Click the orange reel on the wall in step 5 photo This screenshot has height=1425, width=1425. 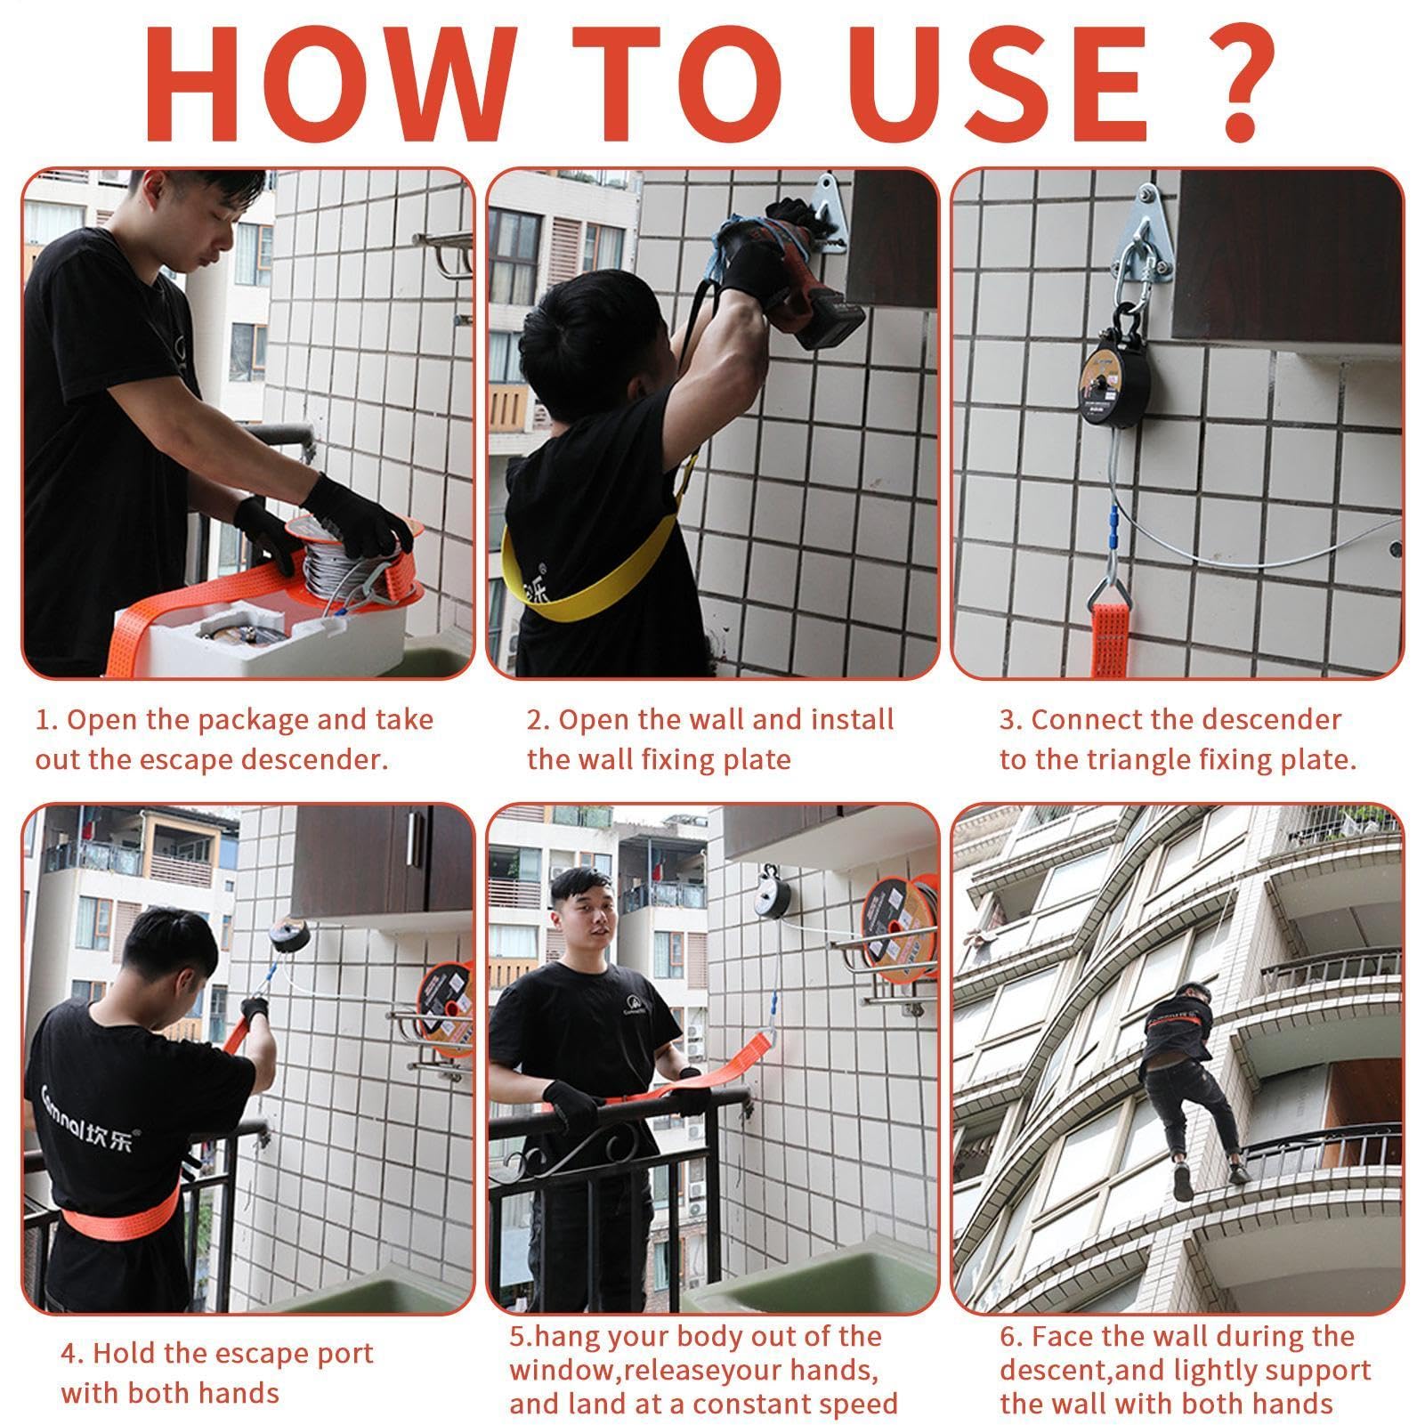897,921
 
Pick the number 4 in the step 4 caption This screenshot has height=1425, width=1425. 69,1354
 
